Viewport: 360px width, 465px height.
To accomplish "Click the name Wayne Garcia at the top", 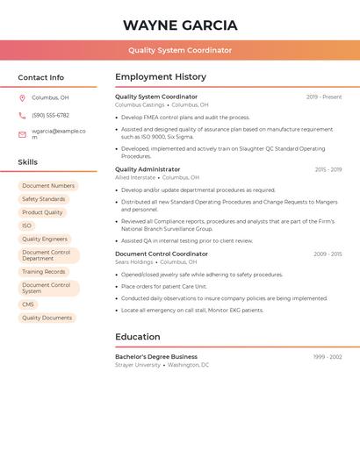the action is [180, 25].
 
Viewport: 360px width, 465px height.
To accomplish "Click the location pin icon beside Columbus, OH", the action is [22, 97].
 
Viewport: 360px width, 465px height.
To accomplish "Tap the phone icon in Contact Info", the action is [22, 115].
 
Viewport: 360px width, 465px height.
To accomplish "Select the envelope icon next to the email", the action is [22, 134].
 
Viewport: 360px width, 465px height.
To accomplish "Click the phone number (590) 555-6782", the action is [50, 115].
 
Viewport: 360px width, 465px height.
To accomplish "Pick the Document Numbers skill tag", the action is [48, 186].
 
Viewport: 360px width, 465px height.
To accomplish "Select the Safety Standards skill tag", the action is [44, 199].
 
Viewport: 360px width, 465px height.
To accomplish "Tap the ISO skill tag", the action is [26, 225].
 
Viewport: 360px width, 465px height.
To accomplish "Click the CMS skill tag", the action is [28, 304].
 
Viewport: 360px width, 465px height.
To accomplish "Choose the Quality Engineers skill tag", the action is [45, 239].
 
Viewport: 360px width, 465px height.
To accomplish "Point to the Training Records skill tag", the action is [44, 272].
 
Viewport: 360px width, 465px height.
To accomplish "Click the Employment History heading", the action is [161, 77].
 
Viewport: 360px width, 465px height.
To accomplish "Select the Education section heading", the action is [138, 337].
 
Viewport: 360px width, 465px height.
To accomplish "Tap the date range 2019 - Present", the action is [324, 97].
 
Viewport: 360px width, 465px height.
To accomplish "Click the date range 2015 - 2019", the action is [328, 169].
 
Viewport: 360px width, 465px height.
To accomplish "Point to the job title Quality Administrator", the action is [148, 169].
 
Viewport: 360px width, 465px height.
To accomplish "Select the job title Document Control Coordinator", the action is [162, 254].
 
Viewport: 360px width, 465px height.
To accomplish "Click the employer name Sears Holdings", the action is [133, 261].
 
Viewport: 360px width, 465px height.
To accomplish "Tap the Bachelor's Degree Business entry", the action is [156, 357].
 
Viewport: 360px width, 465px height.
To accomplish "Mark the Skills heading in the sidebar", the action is [28, 162].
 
